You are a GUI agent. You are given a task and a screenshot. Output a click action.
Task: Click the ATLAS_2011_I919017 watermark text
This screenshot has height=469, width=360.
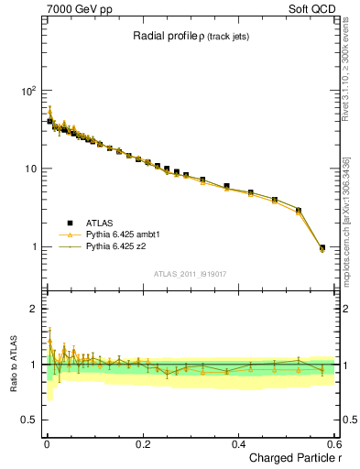(x=190, y=272)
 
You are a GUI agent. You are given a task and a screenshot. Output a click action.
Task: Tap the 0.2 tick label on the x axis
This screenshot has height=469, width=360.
(x=143, y=443)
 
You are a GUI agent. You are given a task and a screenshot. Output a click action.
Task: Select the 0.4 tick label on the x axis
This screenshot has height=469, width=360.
(x=239, y=443)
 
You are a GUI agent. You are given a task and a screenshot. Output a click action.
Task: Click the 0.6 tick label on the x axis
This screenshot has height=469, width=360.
(x=334, y=443)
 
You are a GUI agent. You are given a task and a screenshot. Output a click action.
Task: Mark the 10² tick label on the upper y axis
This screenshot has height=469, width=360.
(x=27, y=92)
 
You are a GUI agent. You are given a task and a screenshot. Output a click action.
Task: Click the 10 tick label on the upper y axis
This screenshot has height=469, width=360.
(x=29, y=169)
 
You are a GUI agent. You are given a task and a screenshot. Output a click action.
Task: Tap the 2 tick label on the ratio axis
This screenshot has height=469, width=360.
(x=34, y=309)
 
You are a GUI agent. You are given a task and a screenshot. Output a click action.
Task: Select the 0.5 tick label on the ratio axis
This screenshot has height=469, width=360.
(x=29, y=420)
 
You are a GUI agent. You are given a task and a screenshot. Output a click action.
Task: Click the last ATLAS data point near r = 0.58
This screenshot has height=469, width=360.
(x=322, y=247)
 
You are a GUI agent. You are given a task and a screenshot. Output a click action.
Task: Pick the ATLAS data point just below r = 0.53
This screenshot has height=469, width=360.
(x=298, y=211)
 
